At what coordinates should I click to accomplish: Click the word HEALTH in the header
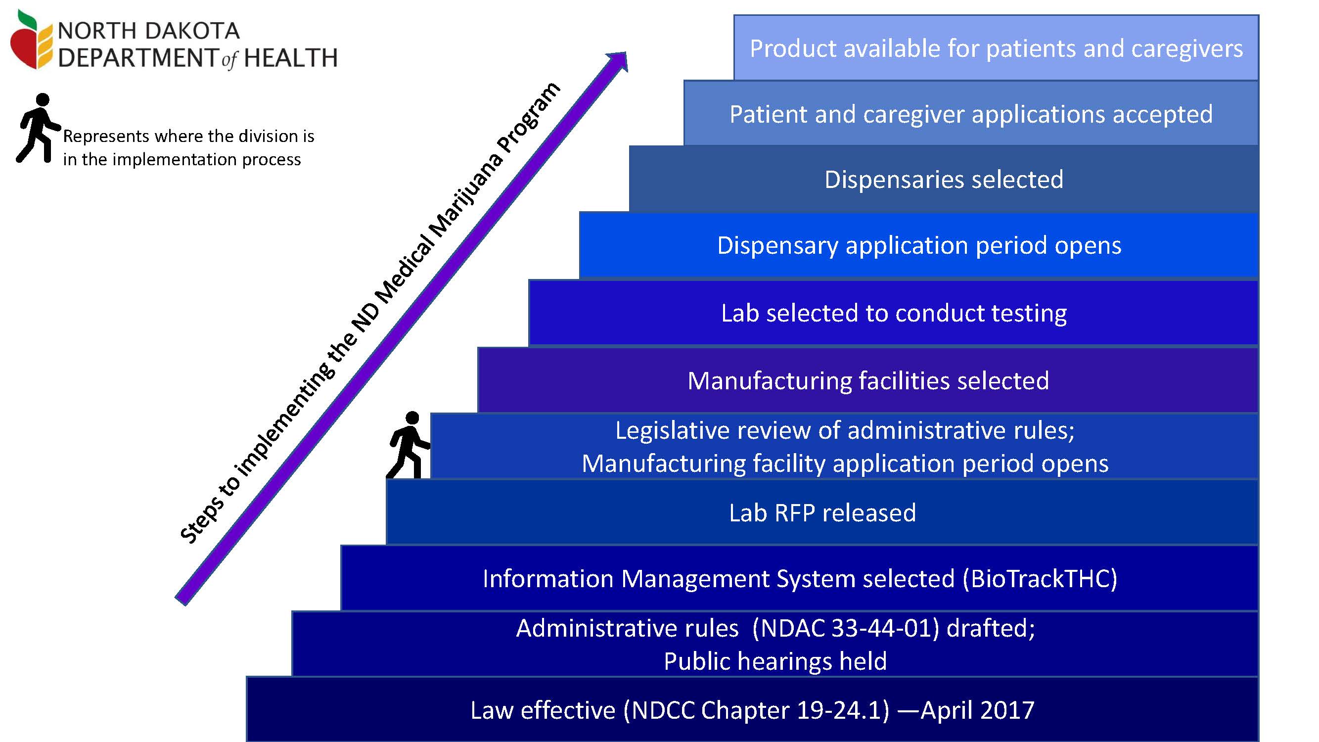(291, 58)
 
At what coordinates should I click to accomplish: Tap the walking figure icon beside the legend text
(39, 128)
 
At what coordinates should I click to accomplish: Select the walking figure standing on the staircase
(408, 445)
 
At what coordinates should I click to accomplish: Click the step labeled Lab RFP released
(822, 512)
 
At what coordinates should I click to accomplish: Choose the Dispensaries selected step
(944, 179)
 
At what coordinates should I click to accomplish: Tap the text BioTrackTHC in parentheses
(1040, 579)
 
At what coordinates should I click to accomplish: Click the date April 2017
(977, 710)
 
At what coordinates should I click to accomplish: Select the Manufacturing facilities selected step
(868, 380)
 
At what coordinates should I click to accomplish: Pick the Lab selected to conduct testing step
(894, 313)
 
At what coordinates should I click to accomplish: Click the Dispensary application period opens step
(919, 245)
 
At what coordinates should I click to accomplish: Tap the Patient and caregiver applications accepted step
(971, 113)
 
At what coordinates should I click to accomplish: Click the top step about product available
(996, 47)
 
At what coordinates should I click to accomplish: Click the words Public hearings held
(775, 661)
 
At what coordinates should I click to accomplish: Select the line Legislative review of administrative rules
(845, 430)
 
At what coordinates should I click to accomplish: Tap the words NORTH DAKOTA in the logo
(148, 31)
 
